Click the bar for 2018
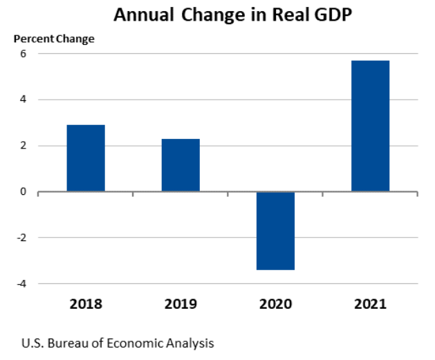click(x=86, y=158)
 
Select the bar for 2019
click(x=181, y=165)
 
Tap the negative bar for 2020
click(x=275, y=230)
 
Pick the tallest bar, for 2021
click(x=370, y=126)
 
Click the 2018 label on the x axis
click(x=86, y=303)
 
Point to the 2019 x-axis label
click(x=181, y=303)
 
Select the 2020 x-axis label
click(x=275, y=303)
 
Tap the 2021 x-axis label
click(x=370, y=303)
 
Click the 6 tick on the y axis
click(x=23, y=54)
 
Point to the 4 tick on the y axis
click(x=23, y=100)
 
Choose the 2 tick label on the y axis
click(x=23, y=146)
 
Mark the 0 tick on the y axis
click(x=23, y=191)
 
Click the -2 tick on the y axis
click(x=21, y=238)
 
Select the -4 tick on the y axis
click(x=21, y=283)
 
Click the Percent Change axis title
click(x=55, y=39)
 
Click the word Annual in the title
click(x=141, y=15)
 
